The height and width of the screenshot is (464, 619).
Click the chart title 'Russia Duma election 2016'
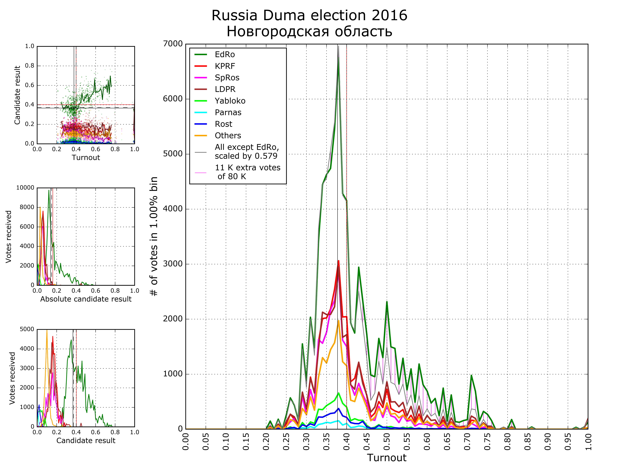coord(309,15)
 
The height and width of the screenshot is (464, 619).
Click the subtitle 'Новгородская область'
coord(309,31)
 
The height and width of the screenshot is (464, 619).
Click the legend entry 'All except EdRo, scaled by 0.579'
coord(246,152)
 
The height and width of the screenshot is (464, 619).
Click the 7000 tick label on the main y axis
coord(173,44)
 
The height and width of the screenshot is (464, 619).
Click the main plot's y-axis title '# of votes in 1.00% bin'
coord(154,236)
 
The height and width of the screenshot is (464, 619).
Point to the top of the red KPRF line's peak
coord(338,261)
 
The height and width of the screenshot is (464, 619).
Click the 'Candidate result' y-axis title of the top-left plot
coord(17,95)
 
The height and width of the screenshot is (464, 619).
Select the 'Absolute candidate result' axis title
coord(86,299)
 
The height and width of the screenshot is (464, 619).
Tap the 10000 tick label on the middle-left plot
coord(25,188)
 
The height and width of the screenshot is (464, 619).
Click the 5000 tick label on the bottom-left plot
coord(27,329)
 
